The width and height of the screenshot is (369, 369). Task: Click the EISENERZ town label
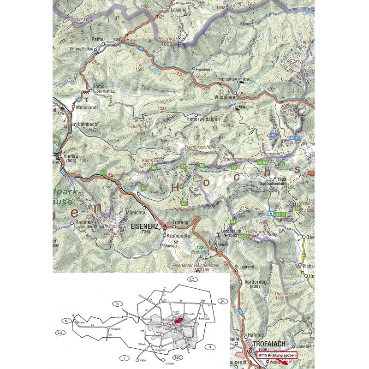tap(145, 226)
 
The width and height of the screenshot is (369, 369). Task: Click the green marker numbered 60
tap(103, 173)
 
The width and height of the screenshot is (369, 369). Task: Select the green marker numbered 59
tap(144, 189)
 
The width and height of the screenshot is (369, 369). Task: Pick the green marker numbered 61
tap(184, 203)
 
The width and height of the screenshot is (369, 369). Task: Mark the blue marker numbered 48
tap(273, 135)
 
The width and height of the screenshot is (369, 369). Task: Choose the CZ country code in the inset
tap(190, 280)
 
